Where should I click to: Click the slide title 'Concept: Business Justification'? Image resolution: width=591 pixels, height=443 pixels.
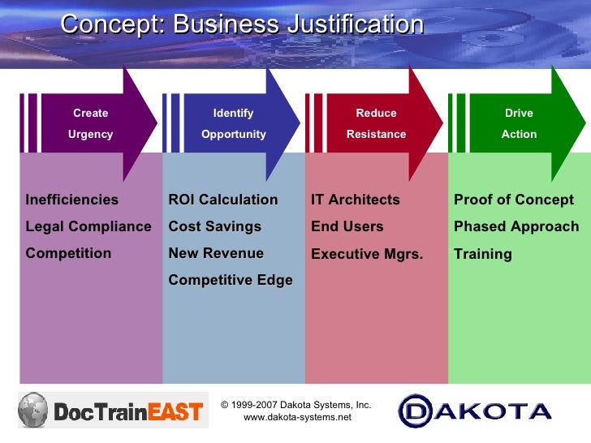click(242, 24)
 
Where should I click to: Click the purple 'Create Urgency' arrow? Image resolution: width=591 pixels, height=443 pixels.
click(91, 123)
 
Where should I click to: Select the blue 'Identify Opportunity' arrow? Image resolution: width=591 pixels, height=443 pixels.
click(234, 123)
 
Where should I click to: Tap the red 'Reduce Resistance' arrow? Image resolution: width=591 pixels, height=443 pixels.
click(377, 123)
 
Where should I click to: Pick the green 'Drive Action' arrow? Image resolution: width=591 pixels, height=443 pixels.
click(520, 123)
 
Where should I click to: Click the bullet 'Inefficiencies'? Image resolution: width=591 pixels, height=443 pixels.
click(72, 200)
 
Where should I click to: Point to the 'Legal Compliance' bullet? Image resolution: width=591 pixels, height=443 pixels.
click(88, 226)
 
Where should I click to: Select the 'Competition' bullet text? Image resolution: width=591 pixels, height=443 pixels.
click(69, 253)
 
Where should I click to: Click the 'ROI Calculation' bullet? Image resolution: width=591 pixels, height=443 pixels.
click(223, 200)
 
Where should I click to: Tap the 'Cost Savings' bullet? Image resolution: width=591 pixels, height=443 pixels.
click(215, 226)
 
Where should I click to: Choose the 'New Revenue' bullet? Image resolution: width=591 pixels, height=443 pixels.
click(216, 253)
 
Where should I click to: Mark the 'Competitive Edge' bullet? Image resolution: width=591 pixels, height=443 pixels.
click(231, 280)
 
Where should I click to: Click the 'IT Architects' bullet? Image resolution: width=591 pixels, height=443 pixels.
click(356, 200)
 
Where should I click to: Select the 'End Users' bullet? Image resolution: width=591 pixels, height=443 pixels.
click(347, 226)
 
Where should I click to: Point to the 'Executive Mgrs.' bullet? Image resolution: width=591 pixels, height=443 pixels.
click(367, 254)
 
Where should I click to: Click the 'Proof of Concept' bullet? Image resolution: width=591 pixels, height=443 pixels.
click(514, 200)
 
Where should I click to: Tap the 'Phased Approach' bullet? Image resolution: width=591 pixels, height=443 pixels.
click(516, 226)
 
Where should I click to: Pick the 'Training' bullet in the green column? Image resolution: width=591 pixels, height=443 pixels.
click(483, 254)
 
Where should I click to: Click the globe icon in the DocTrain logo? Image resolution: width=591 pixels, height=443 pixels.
click(34, 410)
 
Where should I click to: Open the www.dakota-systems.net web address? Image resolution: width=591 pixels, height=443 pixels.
click(298, 417)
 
